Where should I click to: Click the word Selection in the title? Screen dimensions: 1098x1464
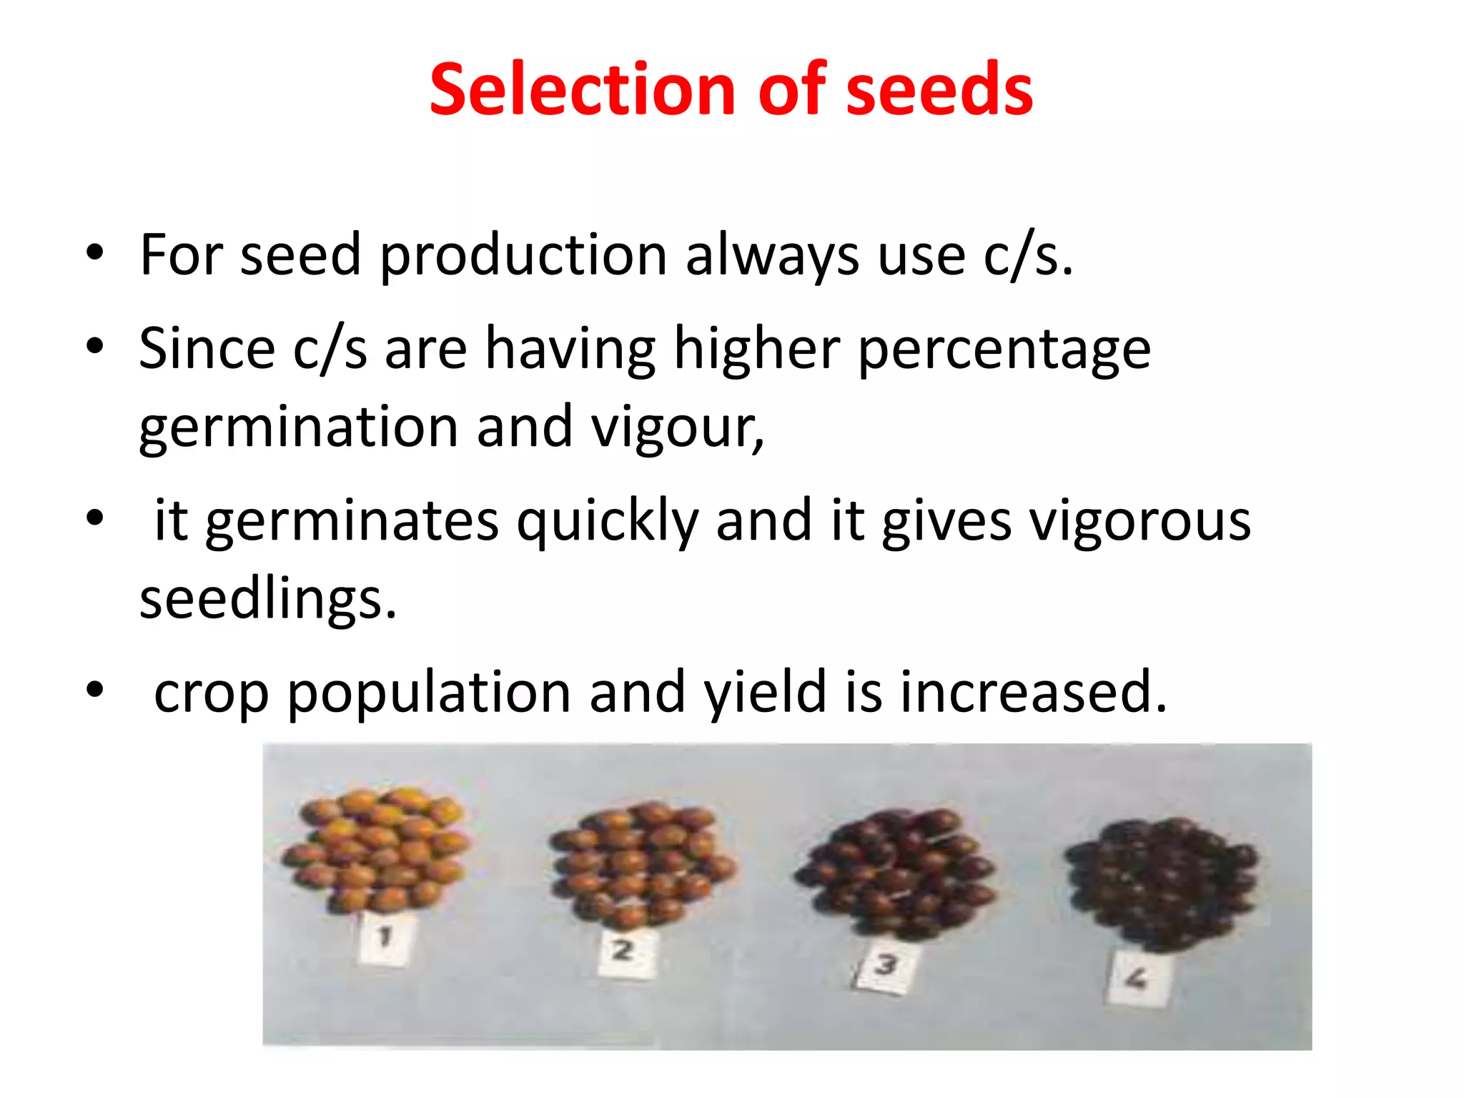click(x=582, y=89)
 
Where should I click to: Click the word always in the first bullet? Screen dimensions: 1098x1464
click(x=772, y=256)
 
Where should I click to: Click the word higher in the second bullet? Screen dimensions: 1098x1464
click(x=756, y=349)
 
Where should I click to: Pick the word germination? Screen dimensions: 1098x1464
click(x=298, y=427)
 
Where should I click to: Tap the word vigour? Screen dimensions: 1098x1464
click(x=676, y=427)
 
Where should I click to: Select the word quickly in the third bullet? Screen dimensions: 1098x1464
click(x=606, y=522)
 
